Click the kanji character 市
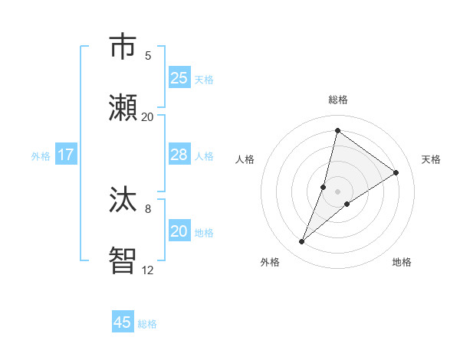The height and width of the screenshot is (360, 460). point(125,47)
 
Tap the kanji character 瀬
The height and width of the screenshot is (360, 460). point(125,108)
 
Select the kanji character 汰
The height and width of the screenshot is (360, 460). point(125,200)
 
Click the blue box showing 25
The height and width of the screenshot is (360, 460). point(179,78)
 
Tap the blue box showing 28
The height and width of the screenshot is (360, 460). point(179,155)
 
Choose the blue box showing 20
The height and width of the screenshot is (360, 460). point(179,231)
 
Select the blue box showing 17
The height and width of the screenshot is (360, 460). point(66,155)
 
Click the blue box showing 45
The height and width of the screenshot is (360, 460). point(123,322)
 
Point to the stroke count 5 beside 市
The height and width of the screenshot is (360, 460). point(148,55)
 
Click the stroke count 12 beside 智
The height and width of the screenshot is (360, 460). point(148,270)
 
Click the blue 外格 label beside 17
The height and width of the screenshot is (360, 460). point(41,156)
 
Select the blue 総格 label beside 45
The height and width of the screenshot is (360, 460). point(147,324)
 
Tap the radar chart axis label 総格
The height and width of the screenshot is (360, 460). point(338,100)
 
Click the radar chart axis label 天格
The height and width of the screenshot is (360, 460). point(431,159)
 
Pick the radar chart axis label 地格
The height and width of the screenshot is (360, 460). point(402,262)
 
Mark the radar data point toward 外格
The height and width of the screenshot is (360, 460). point(302,242)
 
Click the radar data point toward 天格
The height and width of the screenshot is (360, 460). point(396,172)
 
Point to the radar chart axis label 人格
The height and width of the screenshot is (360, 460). point(245,159)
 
